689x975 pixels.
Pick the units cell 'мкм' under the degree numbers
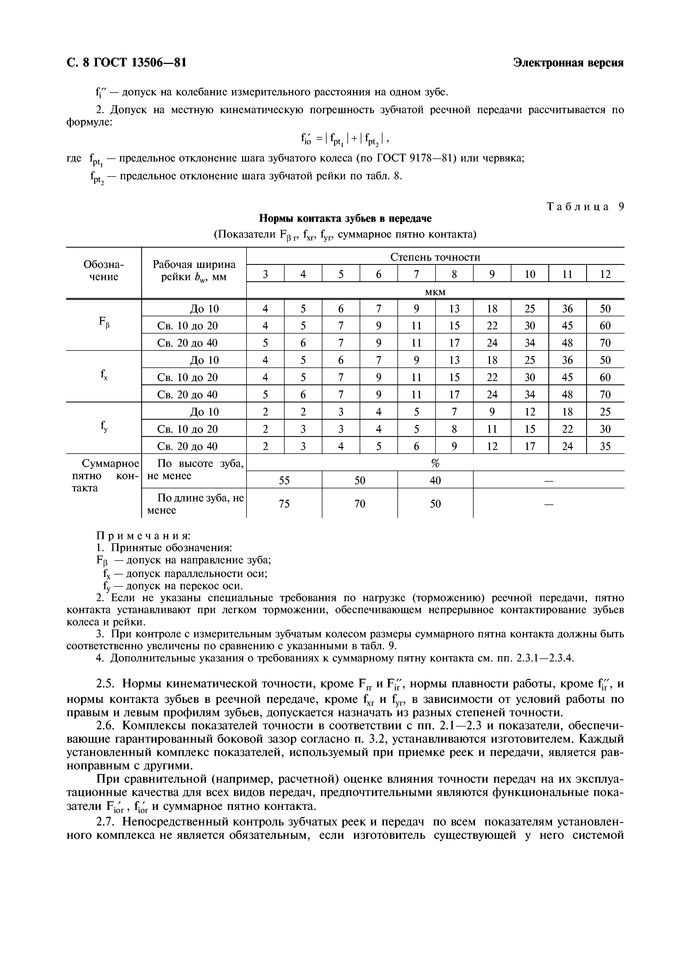(x=435, y=292)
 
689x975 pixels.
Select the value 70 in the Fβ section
(x=605, y=343)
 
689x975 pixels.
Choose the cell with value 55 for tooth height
(x=284, y=480)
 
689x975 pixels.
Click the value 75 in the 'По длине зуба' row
(x=284, y=504)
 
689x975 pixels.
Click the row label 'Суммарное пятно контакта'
(x=104, y=476)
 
